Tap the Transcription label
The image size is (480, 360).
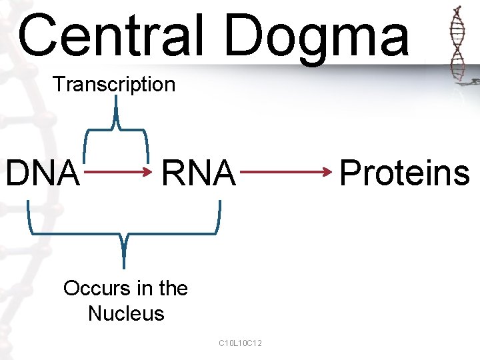(114, 85)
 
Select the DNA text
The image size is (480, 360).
(42, 173)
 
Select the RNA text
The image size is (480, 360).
(198, 173)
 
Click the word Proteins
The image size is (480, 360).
(405, 173)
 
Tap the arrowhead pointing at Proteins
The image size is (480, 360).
(328, 173)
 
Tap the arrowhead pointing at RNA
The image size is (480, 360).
(150, 173)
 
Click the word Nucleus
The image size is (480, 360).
(126, 313)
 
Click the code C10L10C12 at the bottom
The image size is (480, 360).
(240, 343)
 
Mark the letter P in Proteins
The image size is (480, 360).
(351, 173)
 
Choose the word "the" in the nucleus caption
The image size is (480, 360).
(174, 289)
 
